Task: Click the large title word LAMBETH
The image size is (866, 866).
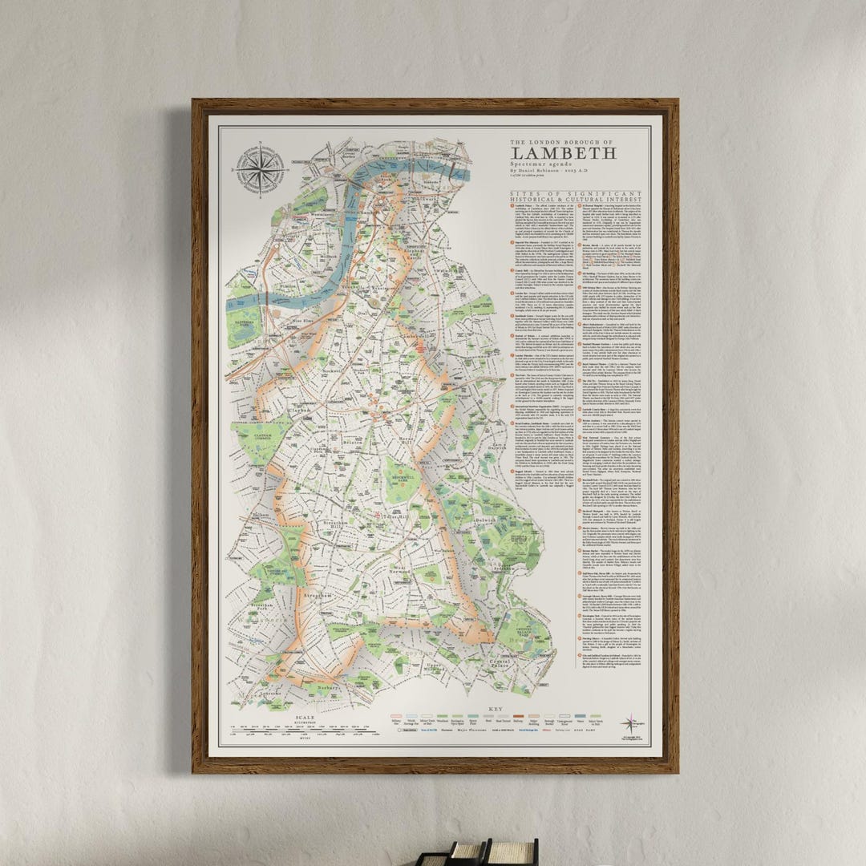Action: coord(563,153)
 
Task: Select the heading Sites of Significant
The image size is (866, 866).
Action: coord(576,195)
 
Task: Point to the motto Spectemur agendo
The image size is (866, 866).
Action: coord(541,164)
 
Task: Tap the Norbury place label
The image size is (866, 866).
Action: coord(325,688)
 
